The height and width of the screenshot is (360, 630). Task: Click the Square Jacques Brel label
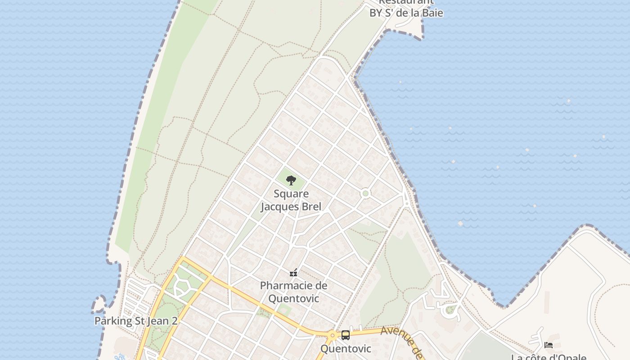pyautogui.click(x=291, y=200)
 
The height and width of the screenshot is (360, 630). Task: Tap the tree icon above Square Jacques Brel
pyautogui.click(x=291, y=180)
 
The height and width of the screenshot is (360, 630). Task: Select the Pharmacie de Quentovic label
pyautogui.click(x=293, y=292)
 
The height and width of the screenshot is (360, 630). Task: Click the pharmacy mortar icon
pyautogui.click(x=293, y=272)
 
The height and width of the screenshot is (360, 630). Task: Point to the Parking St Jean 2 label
pyautogui.click(x=136, y=321)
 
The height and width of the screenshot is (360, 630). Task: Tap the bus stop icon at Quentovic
pyautogui.click(x=346, y=335)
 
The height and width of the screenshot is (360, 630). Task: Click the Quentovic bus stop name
pyautogui.click(x=346, y=349)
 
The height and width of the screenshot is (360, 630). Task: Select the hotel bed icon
pyautogui.click(x=549, y=345)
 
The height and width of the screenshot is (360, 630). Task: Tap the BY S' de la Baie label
pyautogui.click(x=406, y=13)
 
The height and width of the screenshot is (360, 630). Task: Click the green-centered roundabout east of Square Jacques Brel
pyautogui.click(x=365, y=193)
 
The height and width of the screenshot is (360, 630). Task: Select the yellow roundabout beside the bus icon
pyautogui.click(x=333, y=335)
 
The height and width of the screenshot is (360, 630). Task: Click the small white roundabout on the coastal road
pyautogui.click(x=407, y=204)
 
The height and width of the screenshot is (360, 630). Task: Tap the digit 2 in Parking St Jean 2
pyautogui.click(x=174, y=321)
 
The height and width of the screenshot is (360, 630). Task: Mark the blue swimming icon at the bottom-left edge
pyautogui.click(x=120, y=358)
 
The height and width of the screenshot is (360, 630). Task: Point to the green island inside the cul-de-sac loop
pyautogui.click(x=450, y=310)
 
